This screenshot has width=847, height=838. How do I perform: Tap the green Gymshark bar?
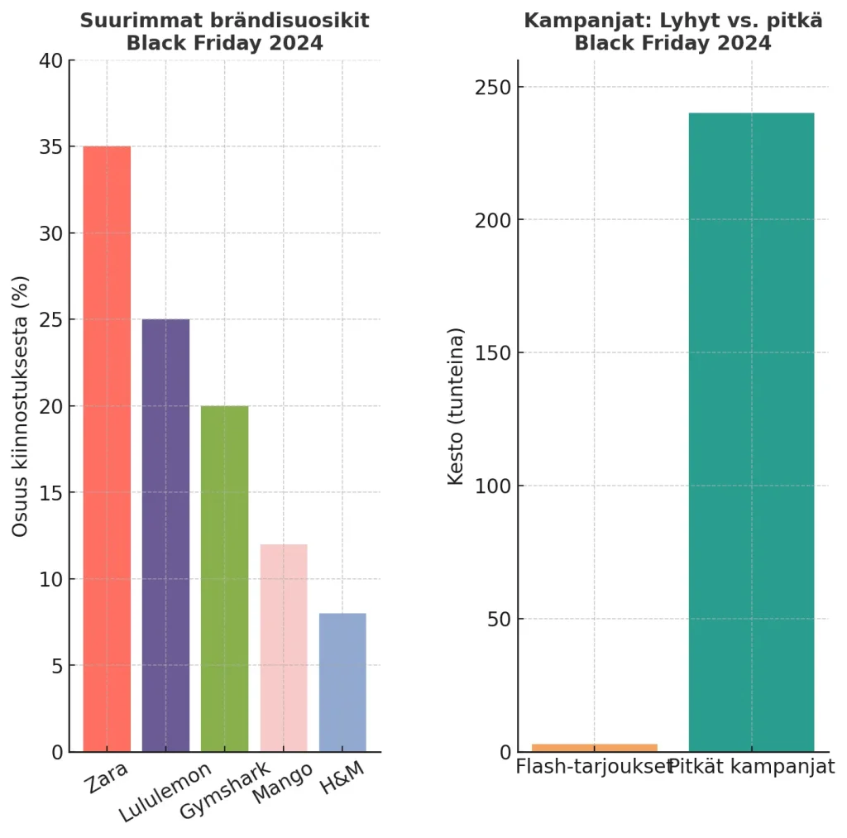coord(224,578)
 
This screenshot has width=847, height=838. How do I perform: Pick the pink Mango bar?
coord(284,648)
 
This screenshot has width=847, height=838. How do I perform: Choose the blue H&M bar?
coord(342,682)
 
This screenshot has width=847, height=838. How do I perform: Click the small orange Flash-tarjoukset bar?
coord(594,748)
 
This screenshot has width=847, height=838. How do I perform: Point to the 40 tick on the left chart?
coord(50,60)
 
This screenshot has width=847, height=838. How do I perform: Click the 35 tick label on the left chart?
coord(50,147)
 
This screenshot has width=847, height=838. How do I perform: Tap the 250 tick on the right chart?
coord(491,87)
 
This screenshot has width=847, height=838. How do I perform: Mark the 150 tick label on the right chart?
coord(491,353)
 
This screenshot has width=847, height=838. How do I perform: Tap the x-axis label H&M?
coord(342,779)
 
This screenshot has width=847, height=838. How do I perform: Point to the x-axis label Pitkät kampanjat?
coord(751,767)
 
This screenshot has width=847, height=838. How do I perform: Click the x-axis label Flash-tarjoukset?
coord(594,767)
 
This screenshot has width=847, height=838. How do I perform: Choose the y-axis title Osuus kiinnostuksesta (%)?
coord(21,406)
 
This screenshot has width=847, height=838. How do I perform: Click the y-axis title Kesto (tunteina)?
coord(456,406)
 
